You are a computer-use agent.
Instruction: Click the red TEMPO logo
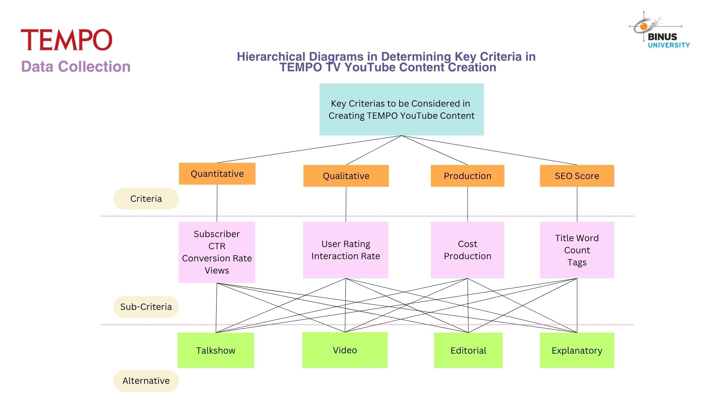(67, 40)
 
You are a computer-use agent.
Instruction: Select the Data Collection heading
(76, 67)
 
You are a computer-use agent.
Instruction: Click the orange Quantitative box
(217, 174)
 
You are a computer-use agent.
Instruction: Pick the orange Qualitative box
(346, 176)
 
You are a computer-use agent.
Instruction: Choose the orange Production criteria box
(467, 176)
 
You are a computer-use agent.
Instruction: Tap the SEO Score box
(577, 176)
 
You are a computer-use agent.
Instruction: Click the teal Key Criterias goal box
(401, 109)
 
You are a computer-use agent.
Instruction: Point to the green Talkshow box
(216, 350)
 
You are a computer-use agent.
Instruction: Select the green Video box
(345, 350)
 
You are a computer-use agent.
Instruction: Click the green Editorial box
(468, 350)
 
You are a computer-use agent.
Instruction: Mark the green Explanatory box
(577, 350)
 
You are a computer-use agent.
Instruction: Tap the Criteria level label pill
(146, 198)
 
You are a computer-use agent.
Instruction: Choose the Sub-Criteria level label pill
(146, 307)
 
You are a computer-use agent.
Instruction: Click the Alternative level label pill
(146, 380)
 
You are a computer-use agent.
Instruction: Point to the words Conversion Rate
(217, 258)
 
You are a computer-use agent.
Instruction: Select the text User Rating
(346, 244)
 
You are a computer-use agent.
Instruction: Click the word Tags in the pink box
(577, 262)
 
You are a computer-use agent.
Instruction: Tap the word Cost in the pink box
(467, 244)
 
